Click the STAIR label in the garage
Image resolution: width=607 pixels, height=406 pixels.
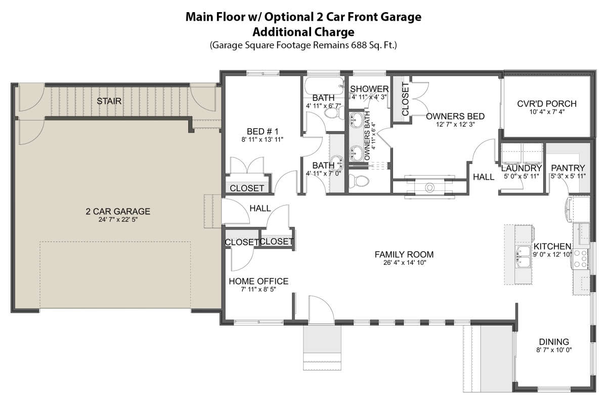(109, 101)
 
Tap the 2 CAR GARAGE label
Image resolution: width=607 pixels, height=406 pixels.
(118, 211)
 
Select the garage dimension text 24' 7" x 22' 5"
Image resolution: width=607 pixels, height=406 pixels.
(118, 219)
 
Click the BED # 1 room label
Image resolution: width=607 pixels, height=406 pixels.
(263, 132)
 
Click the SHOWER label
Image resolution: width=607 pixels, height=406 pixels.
(369, 89)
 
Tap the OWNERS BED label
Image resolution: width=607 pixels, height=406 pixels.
(455, 116)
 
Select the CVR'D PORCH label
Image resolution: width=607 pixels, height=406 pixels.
(547, 104)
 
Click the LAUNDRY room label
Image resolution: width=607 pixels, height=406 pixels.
(522, 168)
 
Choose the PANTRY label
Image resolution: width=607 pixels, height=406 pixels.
(568, 168)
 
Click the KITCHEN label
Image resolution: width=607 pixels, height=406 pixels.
(552, 246)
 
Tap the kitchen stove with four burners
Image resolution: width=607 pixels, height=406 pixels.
(581, 259)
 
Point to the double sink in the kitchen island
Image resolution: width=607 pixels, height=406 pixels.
(524, 257)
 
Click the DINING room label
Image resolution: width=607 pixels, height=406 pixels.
(554, 342)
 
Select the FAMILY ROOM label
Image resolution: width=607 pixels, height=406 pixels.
(404, 255)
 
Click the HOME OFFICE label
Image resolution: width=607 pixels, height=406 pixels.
(258, 281)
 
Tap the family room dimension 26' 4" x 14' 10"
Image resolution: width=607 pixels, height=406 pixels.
(405, 263)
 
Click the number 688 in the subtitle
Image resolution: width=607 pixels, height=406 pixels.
(358, 45)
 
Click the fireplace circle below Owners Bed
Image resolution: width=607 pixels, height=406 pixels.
(429, 187)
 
